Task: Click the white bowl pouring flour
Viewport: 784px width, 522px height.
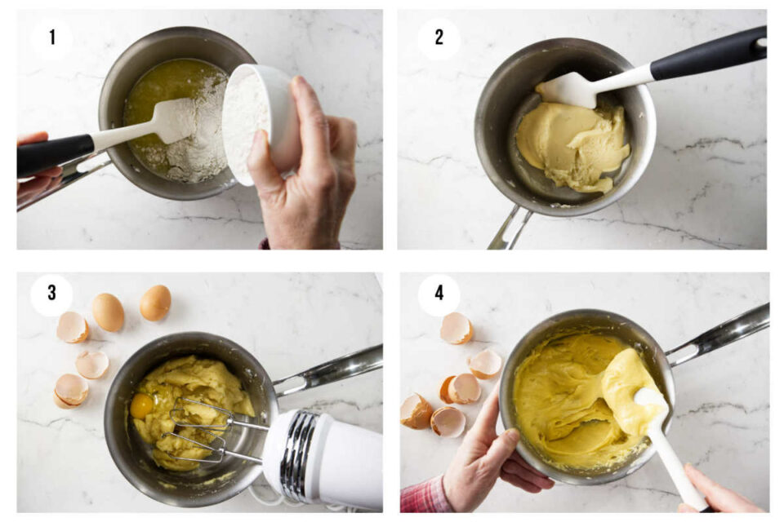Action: (x=260, y=122)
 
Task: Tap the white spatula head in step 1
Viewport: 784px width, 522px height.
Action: (x=171, y=122)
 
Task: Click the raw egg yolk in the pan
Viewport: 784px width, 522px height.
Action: (x=142, y=405)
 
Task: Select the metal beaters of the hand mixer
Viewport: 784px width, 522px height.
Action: (x=200, y=428)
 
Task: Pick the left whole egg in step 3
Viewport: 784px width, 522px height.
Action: (x=108, y=312)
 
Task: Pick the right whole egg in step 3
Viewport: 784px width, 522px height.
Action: (x=155, y=303)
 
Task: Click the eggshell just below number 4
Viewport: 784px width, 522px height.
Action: (x=456, y=329)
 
